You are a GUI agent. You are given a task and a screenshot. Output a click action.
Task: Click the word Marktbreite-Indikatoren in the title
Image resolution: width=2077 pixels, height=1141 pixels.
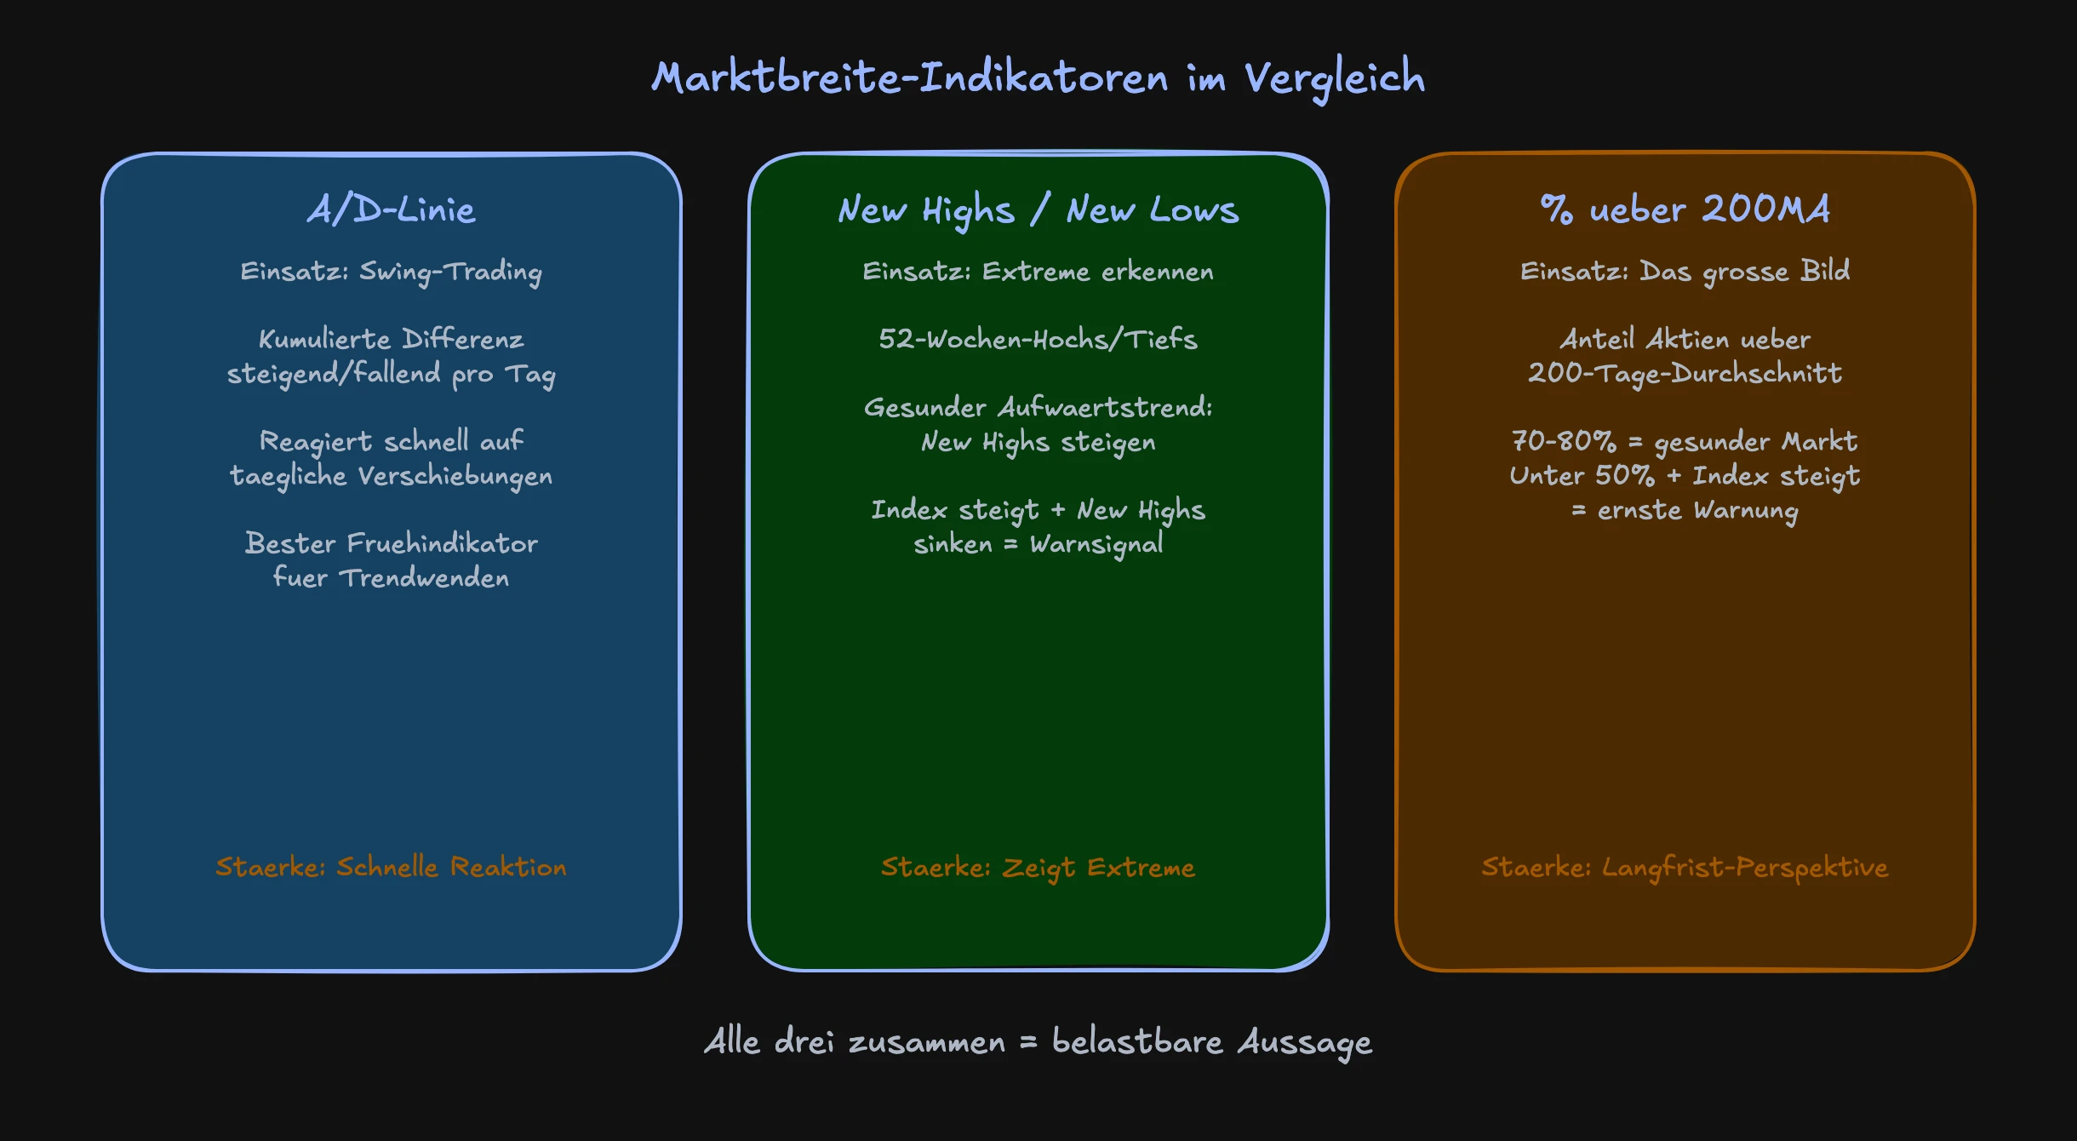(x=910, y=78)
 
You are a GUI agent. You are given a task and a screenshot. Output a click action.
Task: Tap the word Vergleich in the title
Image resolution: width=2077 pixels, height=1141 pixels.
(x=1334, y=78)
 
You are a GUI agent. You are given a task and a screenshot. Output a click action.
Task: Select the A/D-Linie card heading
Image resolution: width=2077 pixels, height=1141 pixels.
(x=391, y=209)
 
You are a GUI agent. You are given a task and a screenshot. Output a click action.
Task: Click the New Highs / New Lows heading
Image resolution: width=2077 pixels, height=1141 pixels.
(x=1038, y=209)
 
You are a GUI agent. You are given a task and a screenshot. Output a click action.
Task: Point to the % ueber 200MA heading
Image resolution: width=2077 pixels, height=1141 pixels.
(x=1685, y=209)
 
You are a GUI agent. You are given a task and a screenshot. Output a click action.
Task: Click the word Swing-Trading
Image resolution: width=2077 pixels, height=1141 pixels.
(x=450, y=272)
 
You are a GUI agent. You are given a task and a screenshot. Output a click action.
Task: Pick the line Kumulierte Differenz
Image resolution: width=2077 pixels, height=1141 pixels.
(x=391, y=339)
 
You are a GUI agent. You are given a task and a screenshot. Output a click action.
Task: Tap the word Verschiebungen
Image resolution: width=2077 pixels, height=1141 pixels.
(x=455, y=476)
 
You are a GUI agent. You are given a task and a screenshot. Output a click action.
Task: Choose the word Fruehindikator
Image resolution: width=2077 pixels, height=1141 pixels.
(x=442, y=543)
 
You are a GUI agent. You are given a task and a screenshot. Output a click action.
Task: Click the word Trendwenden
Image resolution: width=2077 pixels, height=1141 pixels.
(x=424, y=578)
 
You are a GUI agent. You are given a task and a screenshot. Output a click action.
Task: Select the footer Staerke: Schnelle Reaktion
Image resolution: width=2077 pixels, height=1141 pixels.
(x=391, y=867)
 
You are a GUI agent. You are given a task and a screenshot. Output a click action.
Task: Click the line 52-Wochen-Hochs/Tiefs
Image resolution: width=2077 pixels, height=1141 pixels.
(x=1038, y=339)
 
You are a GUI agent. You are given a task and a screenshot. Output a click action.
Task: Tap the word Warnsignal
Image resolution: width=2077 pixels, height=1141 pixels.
(x=1096, y=544)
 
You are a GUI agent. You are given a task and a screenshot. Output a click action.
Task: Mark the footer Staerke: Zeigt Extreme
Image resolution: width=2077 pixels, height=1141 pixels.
(x=1038, y=867)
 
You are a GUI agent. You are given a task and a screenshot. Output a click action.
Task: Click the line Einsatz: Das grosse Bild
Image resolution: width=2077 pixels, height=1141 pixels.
(x=1685, y=272)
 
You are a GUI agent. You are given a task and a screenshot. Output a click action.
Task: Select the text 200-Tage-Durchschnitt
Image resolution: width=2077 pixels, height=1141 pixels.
(x=1685, y=374)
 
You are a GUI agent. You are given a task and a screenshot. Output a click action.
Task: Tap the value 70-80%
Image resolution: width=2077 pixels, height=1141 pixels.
(x=1563, y=441)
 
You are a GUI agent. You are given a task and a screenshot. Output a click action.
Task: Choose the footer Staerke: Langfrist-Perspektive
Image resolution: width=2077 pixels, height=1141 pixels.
(x=1685, y=867)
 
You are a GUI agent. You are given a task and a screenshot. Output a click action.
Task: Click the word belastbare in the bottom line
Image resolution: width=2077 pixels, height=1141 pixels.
(x=1136, y=1041)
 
